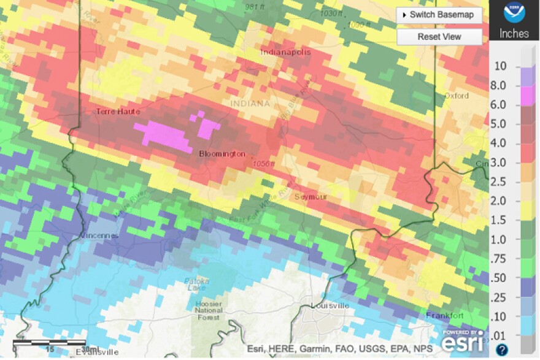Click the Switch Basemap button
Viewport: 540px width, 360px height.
coord(438,15)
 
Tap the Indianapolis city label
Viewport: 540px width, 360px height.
coord(285,52)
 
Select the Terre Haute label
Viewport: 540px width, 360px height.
coord(118,112)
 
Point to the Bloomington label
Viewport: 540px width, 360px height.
coord(222,155)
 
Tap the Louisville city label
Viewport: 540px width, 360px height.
coord(330,305)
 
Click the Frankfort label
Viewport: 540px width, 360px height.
coord(445,315)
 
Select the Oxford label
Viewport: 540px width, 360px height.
coord(457,96)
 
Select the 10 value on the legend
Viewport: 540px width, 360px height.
coord(500,66)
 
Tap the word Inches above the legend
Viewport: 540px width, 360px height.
coord(514,33)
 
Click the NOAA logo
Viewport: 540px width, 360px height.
coord(514,13)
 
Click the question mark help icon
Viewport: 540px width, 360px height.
coord(501,350)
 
